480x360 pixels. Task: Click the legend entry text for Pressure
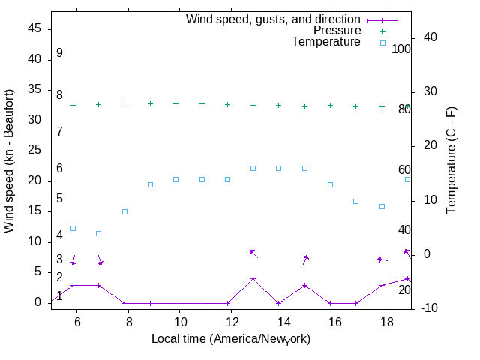(337, 31)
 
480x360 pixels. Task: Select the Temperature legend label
(326, 42)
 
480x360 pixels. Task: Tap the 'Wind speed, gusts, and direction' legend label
(274, 19)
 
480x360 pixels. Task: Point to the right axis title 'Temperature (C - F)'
(451, 159)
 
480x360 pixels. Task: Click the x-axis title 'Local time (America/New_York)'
(231, 339)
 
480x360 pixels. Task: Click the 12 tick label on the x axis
(232, 320)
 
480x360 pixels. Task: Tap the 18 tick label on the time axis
(386, 320)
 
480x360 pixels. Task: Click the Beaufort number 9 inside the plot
(59, 53)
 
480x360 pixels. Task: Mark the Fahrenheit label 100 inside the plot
(401, 49)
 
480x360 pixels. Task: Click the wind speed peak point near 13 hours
(253, 278)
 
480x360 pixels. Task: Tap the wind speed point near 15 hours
(304, 285)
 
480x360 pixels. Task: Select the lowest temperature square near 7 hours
(99, 233)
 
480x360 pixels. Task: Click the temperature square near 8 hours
(125, 211)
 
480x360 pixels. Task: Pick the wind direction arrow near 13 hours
(253, 253)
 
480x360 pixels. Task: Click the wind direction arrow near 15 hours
(305, 259)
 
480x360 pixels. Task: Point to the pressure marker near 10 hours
(176, 103)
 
